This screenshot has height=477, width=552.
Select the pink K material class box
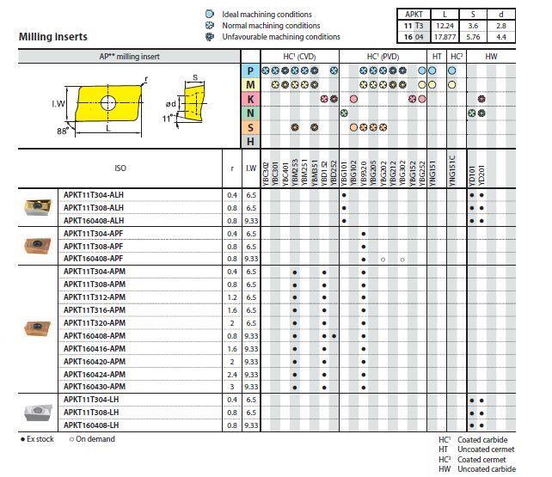coord(250,99)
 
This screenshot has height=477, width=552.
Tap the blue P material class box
coord(250,70)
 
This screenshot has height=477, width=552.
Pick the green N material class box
coord(250,113)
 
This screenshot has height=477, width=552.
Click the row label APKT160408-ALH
coord(94,220)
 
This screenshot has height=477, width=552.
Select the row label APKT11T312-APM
coord(94,297)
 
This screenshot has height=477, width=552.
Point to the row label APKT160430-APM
coord(94,388)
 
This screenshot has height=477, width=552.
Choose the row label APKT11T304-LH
coord(90,401)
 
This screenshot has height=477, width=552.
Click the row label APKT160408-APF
coord(94,259)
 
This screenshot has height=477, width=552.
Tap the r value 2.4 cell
coord(232,375)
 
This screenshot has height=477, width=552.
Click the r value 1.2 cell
coord(232,297)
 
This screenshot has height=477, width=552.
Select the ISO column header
coord(120,168)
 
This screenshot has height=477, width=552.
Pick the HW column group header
coord(490,56)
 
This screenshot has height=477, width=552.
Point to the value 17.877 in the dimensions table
coord(445,37)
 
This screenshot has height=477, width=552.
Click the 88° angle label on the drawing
coord(62,131)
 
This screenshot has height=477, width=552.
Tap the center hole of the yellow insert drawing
coord(107,103)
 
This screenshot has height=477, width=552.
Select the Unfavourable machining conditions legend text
coord(280,37)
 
